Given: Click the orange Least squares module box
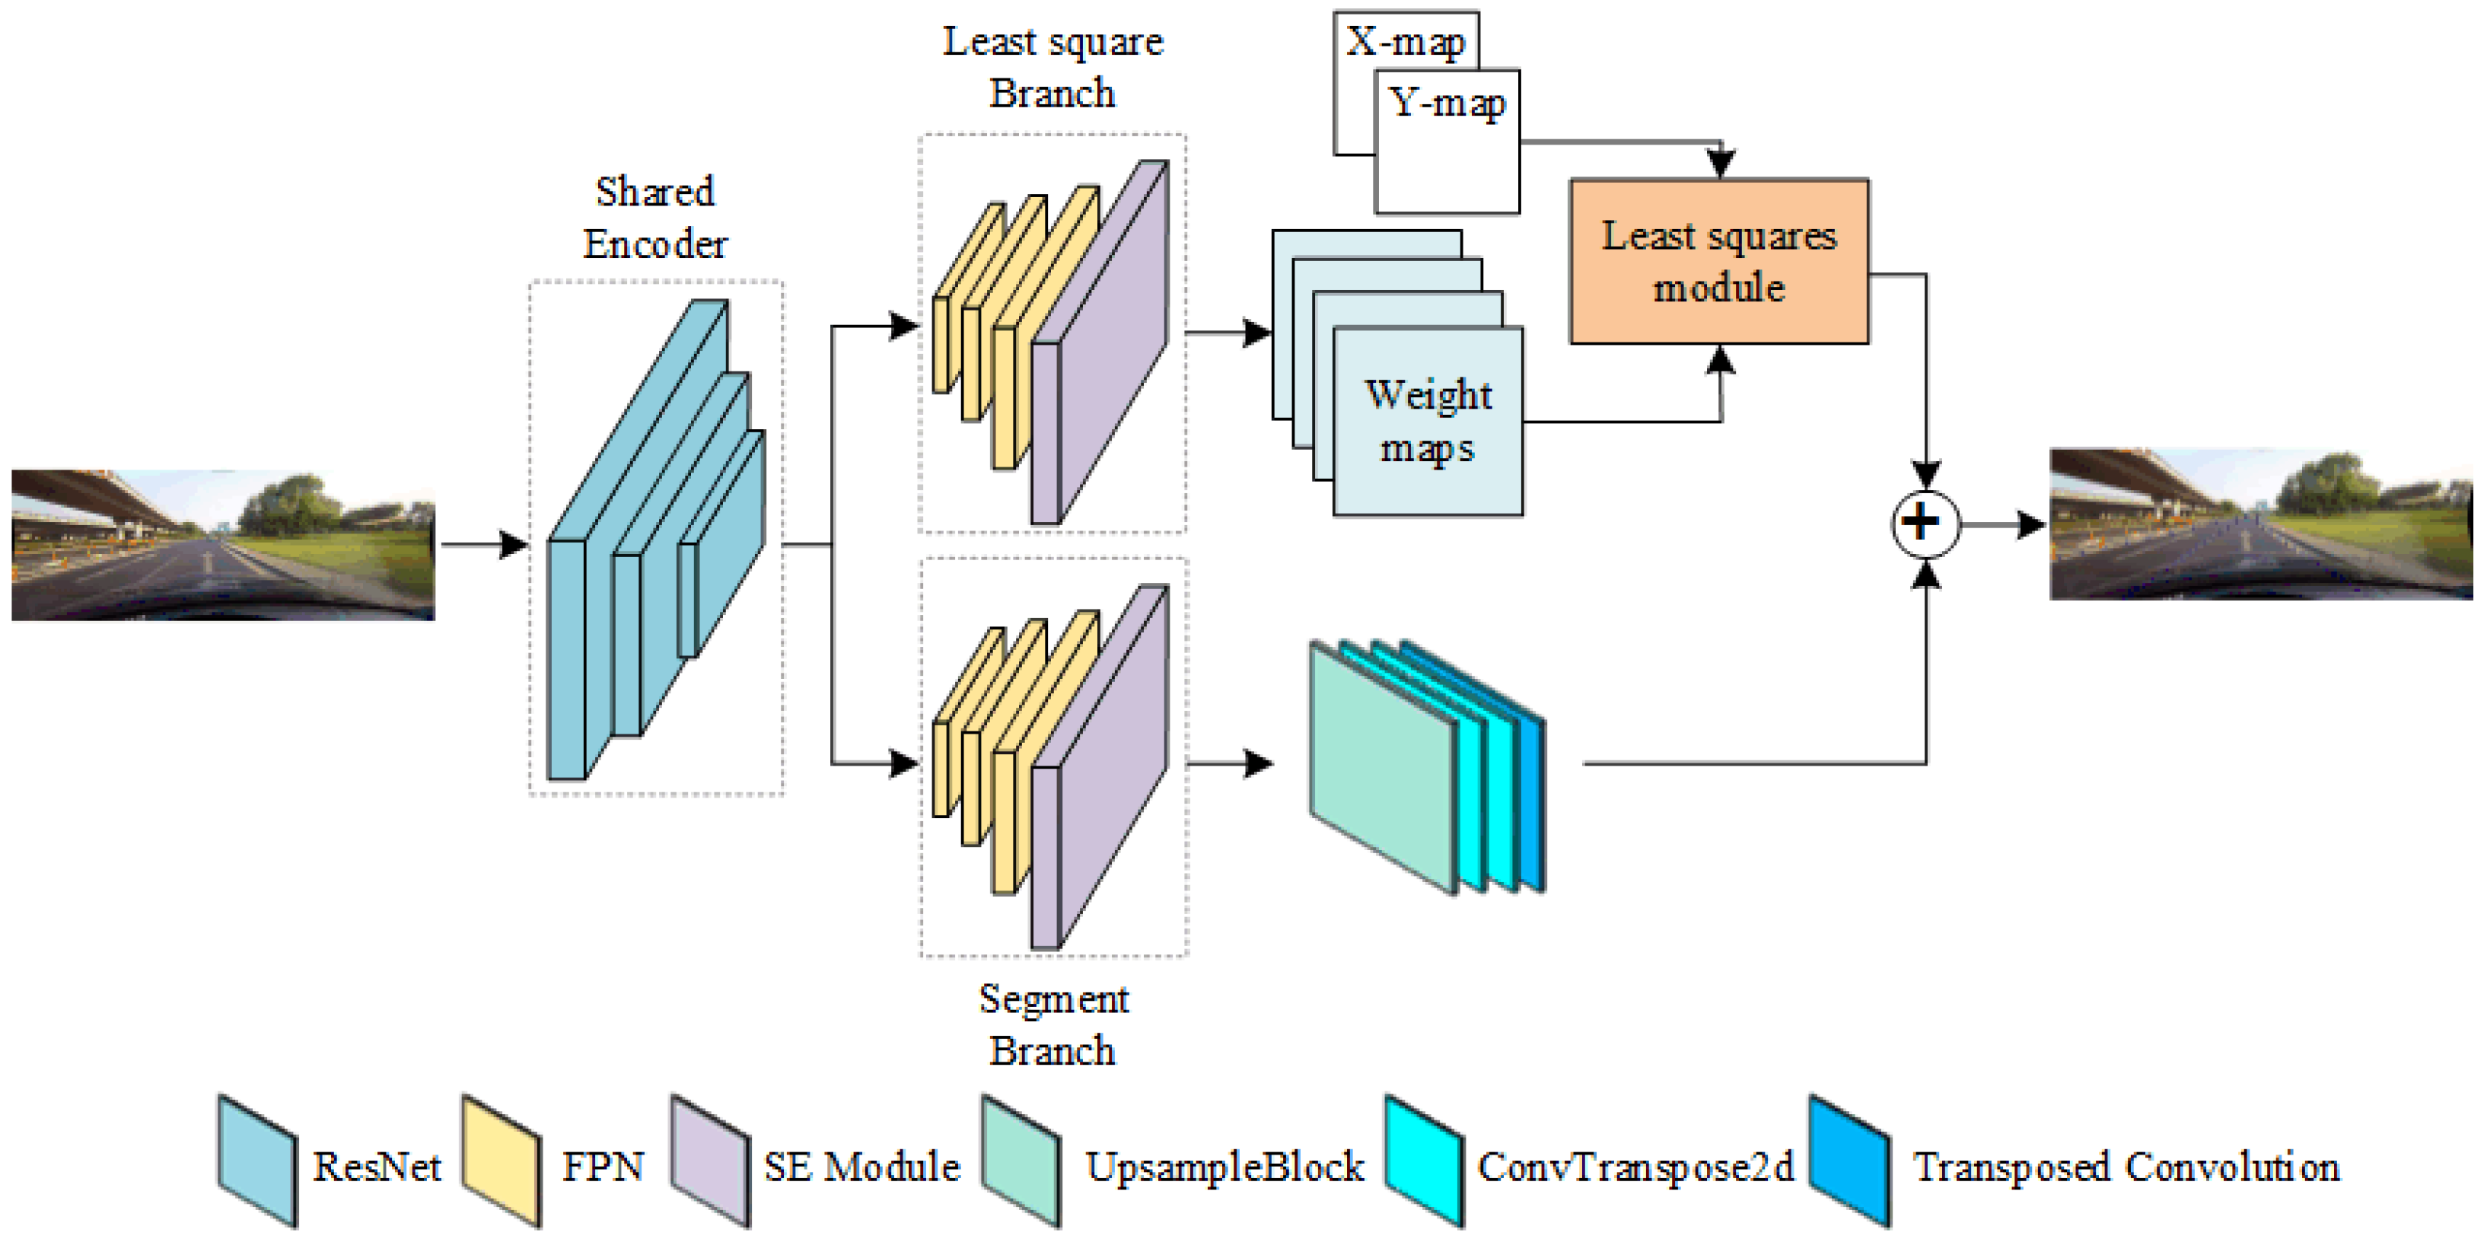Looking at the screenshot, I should click(x=1718, y=260).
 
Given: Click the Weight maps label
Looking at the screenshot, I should click(x=1427, y=422).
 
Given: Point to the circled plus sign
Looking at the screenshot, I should click(x=1924, y=524).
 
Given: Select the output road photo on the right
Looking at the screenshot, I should click(x=2259, y=524).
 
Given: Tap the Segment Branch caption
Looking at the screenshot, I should click(x=1053, y=1024).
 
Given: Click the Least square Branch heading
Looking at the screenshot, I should click(x=1052, y=68).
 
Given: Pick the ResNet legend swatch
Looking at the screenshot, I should click(x=256, y=1161).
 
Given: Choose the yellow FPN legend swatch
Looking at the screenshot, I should click(x=500, y=1161).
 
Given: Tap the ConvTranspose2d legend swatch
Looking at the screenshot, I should click(x=1423, y=1161).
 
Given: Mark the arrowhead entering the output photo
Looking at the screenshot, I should click(x=2032, y=524).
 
